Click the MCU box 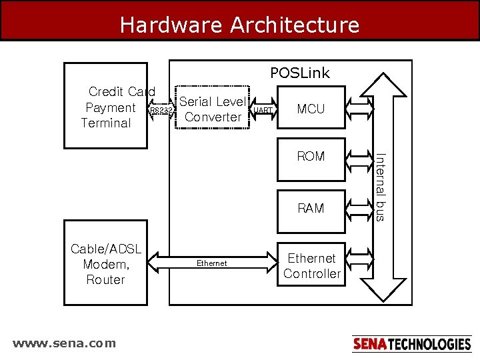pos(311,109)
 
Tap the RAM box pos(311,208)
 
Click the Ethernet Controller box pos(311,265)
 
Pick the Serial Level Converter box pos(213,109)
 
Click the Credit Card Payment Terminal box pos(106,107)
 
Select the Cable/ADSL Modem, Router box pos(105,264)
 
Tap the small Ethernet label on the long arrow pos(212,263)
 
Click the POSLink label pos(299,73)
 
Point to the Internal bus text pos(379,187)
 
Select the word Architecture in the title pos(295,25)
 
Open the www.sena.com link pos(64,343)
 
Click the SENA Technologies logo pos(411,344)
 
